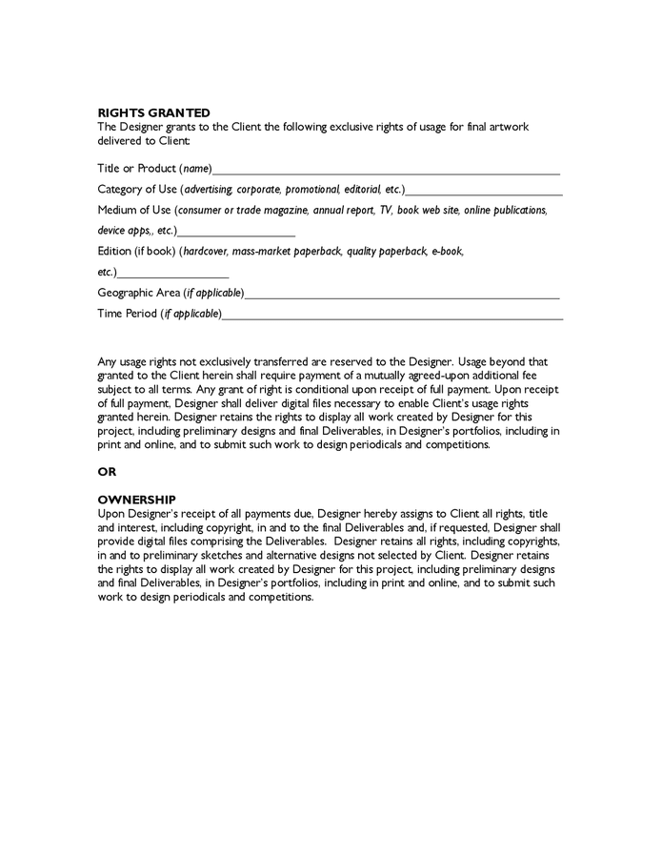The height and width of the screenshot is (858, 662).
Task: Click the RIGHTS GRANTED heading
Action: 153,113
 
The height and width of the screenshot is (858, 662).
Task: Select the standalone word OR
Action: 107,472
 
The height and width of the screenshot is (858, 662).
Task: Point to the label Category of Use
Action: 138,190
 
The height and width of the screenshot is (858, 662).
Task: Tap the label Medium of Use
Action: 133,210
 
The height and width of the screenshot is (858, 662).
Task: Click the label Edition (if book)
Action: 136,252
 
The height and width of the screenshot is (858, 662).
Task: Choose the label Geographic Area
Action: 138,293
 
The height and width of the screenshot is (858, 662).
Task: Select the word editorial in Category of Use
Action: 359,190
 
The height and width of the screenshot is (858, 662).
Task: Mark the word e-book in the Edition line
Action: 447,252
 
